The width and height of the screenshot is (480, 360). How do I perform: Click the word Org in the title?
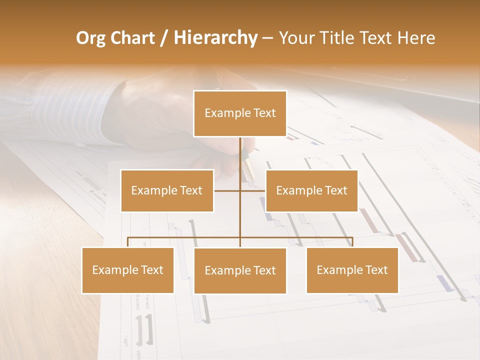click(x=92, y=38)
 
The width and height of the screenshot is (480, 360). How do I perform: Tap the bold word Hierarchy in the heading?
click(x=215, y=38)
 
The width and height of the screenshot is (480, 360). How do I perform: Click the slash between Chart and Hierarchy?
click(x=164, y=38)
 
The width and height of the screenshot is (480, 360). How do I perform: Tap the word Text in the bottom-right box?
click(x=376, y=270)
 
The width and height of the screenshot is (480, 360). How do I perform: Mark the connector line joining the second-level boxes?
click(x=252, y=190)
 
